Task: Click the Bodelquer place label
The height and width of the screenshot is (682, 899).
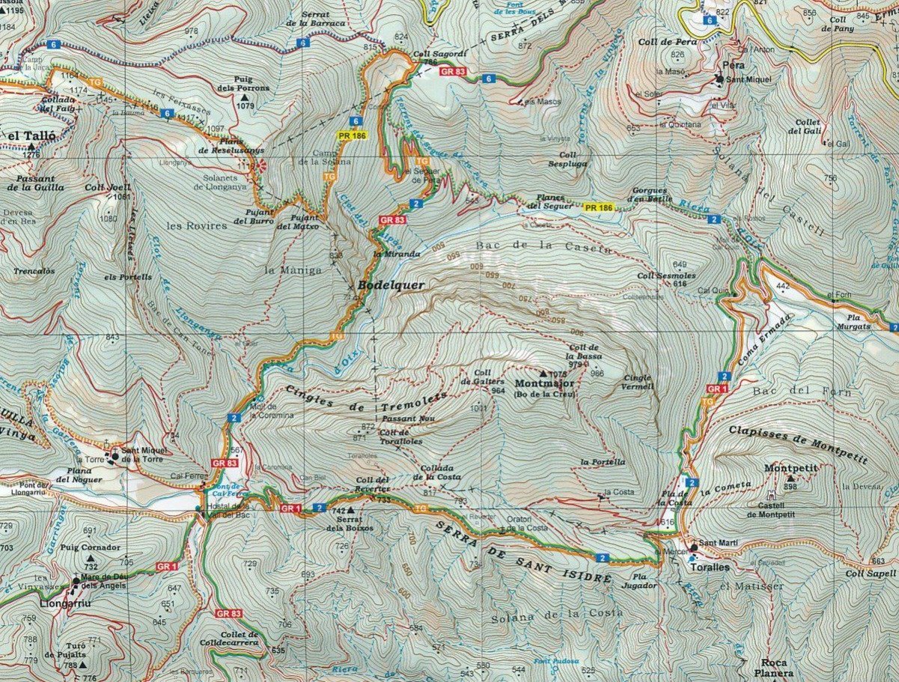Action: pyautogui.click(x=391, y=285)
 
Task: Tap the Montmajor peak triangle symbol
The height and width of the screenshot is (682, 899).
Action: pyautogui.click(x=543, y=372)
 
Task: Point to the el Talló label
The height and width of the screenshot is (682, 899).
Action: pyautogui.click(x=25, y=136)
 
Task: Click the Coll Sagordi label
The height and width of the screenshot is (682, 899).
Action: pyautogui.click(x=433, y=55)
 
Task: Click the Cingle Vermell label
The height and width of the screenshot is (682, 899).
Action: pyautogui.click(x=639, y=382)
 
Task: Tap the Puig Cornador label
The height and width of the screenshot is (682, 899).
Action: pyautogui.click(x=91, y=547)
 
